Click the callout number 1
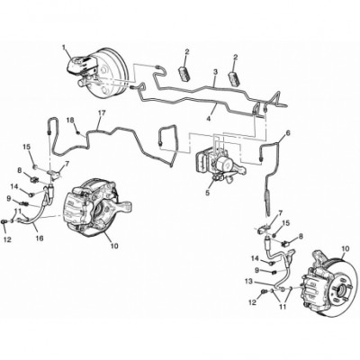(x=64, y=47)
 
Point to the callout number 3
(x=215, y=72)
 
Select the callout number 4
(x=209, y=118)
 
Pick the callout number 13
(x=249, y=282)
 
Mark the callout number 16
(x=40, y=238)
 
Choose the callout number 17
(x=102, y=113)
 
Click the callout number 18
(x=70, y=121)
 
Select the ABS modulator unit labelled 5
(x=218, y=164)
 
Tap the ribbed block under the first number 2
(x=185, y=74)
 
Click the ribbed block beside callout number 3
(x=234, y=77)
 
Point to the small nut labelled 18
(x=77, y=132)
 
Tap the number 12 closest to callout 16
(x=8, y=239)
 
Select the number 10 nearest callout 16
(x=114, y=246)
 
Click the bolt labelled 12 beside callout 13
(x=265, y=292)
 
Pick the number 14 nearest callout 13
(x=255, y=258)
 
